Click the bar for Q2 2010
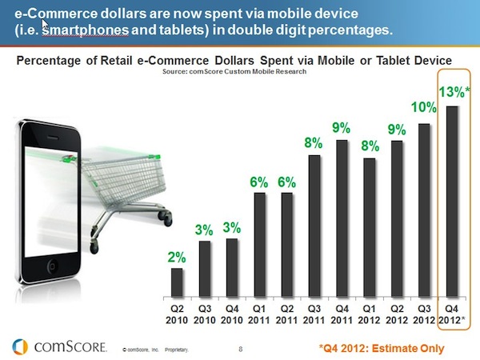178,281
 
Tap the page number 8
242,348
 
